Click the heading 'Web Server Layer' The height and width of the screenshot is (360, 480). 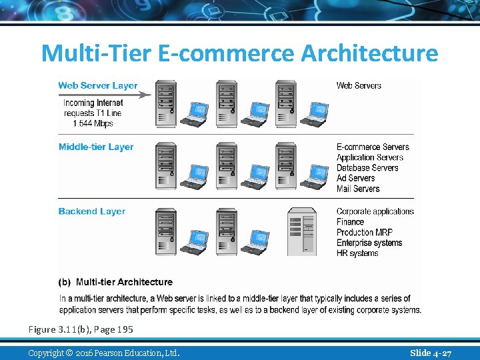pyautogui.click(x=98, y=85)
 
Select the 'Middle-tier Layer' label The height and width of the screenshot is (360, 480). pyautogui.click(x=96, y=147)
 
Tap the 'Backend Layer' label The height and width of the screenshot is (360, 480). pyautogui.click(x=92, y=211)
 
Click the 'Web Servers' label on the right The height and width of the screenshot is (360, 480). pyautogui.click(x=359, y=85)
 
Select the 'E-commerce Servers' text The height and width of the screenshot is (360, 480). pyautogui.click(x=373, y=147)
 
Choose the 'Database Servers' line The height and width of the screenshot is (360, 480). pyautogui.click(x=367, y=168)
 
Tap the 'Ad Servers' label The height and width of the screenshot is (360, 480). pyautogui.click(x=356, y=178)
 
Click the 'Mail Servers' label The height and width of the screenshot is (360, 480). pyautogui.click(x=358, y=189)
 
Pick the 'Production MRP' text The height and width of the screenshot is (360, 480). pyautogui.click(x=365, y=232)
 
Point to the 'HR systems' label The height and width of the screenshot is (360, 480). pyautogui.click(x=357, y=253)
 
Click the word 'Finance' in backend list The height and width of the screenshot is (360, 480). pyautogui.click(x=350, y=222)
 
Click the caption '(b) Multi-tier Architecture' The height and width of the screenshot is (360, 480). pyautogui.click(x=116, y=282)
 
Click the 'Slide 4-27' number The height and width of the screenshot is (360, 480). pyautogui.click(x=431, y=352)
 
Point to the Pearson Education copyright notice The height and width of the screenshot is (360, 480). pyautogui.click(x=104, y=352)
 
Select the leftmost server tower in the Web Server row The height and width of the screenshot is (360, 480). pyautogui.click(x=166, y=103)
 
